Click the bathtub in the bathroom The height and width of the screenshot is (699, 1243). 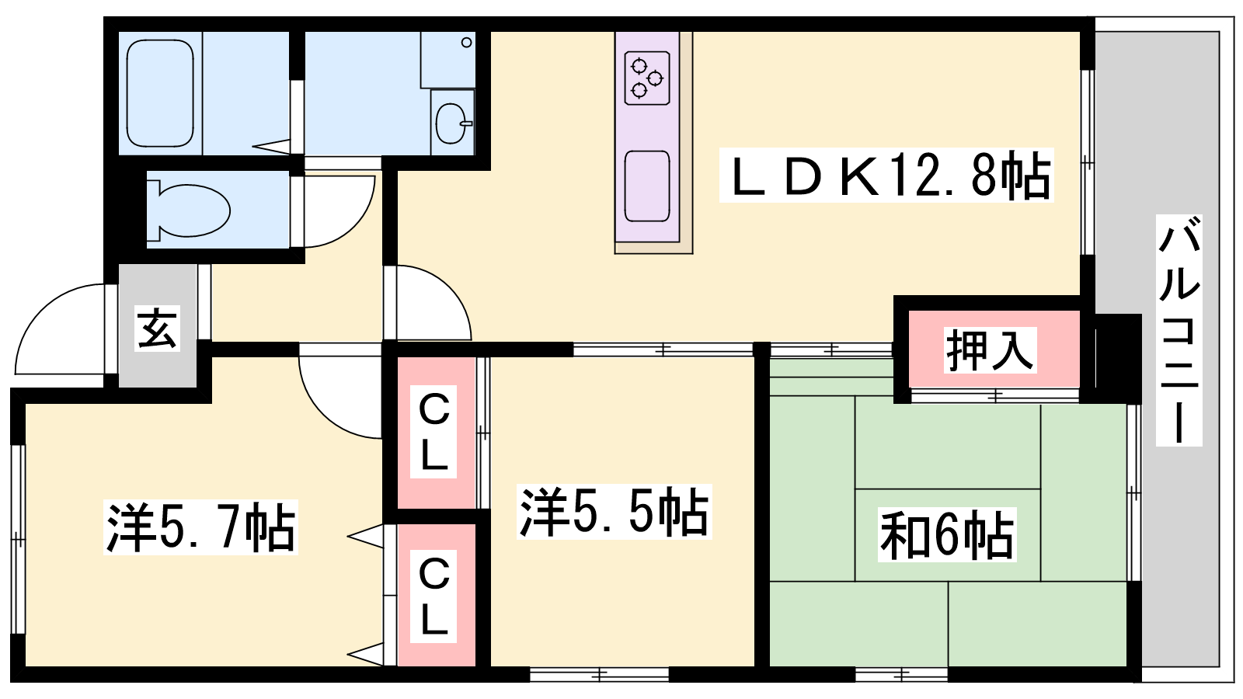(160, 93)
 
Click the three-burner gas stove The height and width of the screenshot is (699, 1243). (646, 78)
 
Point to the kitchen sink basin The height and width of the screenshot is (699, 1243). (646, 186)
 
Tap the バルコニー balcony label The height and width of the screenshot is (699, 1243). (1179, 330)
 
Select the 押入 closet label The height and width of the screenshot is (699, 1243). (990, 350)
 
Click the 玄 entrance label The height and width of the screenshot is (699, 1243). (158, 328)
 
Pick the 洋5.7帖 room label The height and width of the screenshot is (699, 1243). (201, 527)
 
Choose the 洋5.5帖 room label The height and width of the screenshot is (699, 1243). (615, 512)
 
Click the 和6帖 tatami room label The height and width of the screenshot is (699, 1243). (947, 534)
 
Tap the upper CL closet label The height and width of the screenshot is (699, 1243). (433, 432)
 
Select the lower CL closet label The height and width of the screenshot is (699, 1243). (433, 596)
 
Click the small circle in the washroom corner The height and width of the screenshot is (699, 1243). (467, 42)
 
